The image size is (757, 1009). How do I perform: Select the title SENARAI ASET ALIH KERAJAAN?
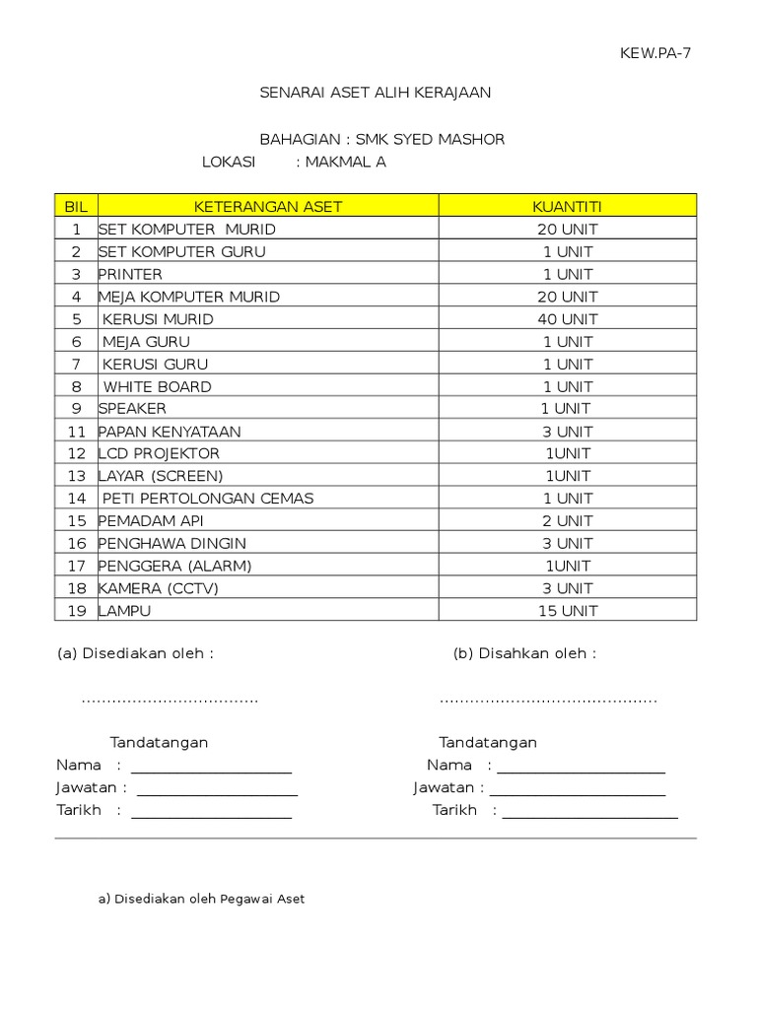pyautogui.click(x=375, y=93)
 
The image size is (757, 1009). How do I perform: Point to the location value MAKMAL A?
pyautogui.click(x=345, y=162)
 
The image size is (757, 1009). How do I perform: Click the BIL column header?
pyautogui.click(x=76, y=206)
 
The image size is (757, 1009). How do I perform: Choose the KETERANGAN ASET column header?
pyautogui.click(x=267, y=206)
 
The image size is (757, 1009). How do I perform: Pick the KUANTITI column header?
pyautogui.click(x=567, y=206)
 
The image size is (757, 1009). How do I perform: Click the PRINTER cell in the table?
pyautogui.click(x=130, y=274)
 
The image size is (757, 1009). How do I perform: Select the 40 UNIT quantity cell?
pyautogui.click(x=567, y=319)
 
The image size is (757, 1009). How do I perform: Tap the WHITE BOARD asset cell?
pyautogui.click(x=157, y=386)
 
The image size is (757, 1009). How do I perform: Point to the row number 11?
pyautogui.click(x=77, y=432)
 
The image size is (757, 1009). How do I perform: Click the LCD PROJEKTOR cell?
pyautogui.click(x=159, y=453)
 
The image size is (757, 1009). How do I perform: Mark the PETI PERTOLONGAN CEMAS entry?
pyautogui.click(x=207, y=499)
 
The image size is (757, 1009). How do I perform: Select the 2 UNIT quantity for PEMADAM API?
pyautogui.click(x=567, y=520)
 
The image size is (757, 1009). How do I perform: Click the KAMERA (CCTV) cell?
pyautogui.click(x=158, y=588)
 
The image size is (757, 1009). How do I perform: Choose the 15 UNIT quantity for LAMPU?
pyautogui.click(x=567, y=611)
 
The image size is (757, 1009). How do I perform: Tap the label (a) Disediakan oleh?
pyautogui.click(x=135, y=653)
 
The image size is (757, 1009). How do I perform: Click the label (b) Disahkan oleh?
pyautogui.click(x=524, y=653)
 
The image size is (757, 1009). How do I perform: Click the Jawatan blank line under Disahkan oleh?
pyautogui.click(x=577, y=788)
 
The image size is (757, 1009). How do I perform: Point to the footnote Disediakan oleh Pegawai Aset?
pyautogui.click(x=201, y=899)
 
